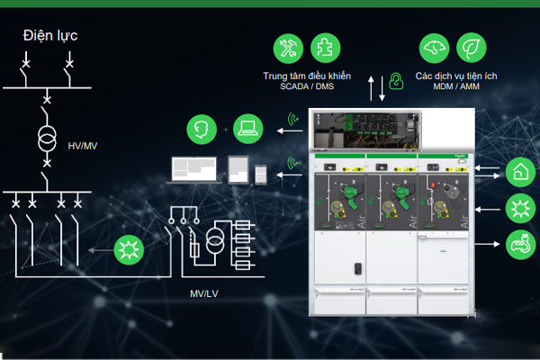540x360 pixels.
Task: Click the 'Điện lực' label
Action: pyautogui.click(x=52, y=36)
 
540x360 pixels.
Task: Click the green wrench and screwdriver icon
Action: pyautogui.click(x=289, y=49)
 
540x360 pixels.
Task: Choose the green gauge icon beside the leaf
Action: pyautogui.click(x=434, y=49)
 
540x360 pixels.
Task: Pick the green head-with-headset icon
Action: pyautogui.click(x=201, y=129)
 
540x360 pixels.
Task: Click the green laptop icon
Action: pyautogui.click(x=247, y=129)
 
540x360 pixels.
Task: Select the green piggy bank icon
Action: pyautogui.click(x=519, y=241)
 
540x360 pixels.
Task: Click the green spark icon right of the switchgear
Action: pyautogui.click(x=519, y=206)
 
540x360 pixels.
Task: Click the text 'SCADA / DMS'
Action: pyautogui.click(x=307, y=87)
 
